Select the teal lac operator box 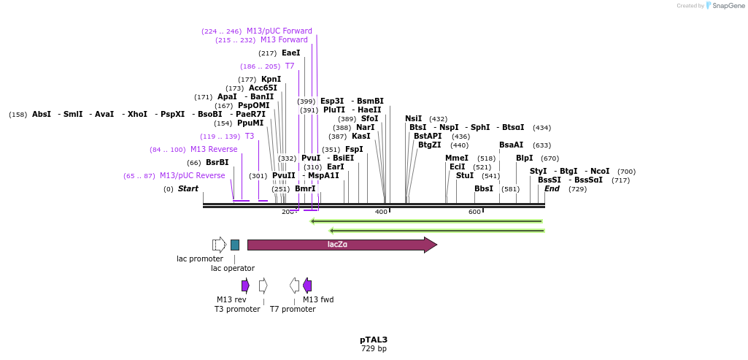235,245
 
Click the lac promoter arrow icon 219,245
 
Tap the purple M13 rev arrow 245,285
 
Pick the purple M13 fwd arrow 307,285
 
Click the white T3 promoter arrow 263,285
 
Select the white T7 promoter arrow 294,285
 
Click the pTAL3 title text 374,340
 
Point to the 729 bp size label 374,349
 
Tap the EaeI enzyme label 290,53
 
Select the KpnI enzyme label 271,80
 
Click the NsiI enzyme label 414,119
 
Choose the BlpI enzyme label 525,158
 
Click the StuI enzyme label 465,176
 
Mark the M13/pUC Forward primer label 279,31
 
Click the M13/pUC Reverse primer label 192,176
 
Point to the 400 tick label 381,212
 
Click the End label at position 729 552,189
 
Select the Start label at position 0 188,189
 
